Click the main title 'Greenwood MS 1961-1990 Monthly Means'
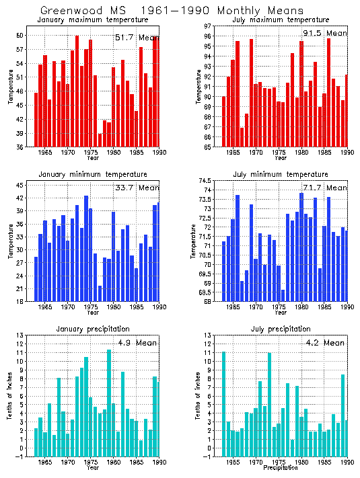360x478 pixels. pyautogui.click(x=172, y=11)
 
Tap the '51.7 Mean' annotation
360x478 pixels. pyautogui.click(x=137, y=38)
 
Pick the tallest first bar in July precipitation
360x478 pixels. pyautogui.click(x=223, y=407)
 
